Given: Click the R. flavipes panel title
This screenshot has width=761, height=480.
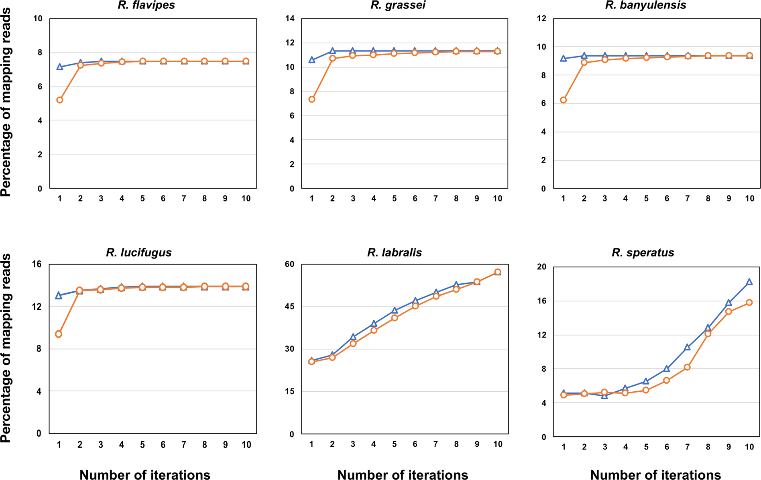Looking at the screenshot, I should pos(146,5).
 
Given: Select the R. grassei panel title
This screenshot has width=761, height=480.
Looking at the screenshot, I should pos(398,5).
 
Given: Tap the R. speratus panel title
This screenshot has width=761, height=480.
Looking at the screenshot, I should pos(643,252).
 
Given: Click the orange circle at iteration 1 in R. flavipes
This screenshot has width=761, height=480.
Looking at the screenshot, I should pos(60,100).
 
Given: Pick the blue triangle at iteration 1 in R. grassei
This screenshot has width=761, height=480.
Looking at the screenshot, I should pos(312,60).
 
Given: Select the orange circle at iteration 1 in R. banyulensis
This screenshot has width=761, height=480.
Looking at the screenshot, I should pos(564,100).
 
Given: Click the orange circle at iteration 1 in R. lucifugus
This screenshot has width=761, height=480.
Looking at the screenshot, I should pos(59,334).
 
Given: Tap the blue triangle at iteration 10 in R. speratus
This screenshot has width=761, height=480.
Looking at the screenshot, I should pos(749,282).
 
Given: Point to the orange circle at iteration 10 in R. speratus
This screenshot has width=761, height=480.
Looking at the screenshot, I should pos(749,303).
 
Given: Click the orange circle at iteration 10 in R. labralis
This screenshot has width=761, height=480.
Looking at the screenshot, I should pos(498,272).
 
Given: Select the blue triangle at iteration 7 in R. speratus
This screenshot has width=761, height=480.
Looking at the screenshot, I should pos(688,347).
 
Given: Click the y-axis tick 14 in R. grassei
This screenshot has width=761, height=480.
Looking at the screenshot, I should pos(290,18).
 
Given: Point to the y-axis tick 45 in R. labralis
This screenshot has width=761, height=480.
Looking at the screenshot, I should pos(289,307).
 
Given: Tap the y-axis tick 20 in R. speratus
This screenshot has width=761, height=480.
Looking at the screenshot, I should pos(541,267).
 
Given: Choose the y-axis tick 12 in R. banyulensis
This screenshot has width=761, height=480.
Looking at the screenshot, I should pos(541,18).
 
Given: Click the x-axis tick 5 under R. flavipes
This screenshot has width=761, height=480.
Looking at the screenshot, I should pos(142,198).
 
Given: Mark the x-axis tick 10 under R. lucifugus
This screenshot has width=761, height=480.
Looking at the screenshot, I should pos(246,445).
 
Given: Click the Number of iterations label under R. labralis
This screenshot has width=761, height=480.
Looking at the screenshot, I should pos(403,475).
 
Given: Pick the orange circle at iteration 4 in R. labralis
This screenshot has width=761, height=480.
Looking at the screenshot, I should pos(374,330).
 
